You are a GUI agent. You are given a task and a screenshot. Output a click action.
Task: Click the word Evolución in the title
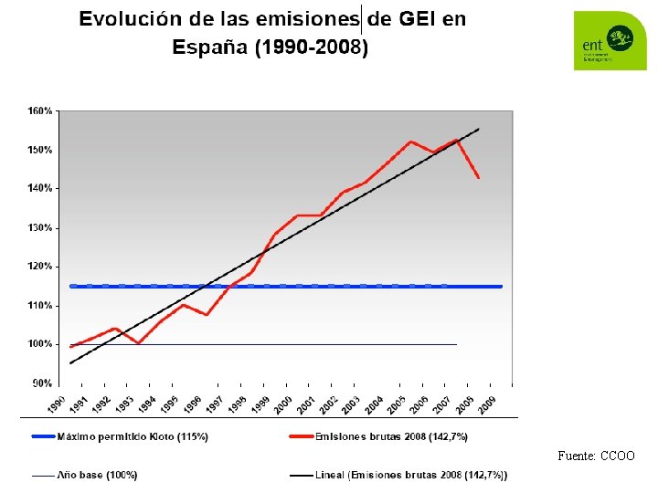[x=127, y=19]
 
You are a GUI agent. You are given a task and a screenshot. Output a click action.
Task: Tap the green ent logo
[x=609, y=40]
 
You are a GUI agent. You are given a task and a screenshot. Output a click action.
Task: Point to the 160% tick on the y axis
[x=39, y=110]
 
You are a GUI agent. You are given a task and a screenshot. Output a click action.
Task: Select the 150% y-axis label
[x=39, y=150]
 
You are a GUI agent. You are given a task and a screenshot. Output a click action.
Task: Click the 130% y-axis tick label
[x=39, y=227]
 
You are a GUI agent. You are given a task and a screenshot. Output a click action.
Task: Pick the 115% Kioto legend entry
[x=133, y=437]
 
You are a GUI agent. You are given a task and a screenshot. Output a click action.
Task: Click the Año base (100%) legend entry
[x=97, y=475]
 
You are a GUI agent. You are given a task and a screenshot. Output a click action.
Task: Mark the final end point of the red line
[x=479, y=178]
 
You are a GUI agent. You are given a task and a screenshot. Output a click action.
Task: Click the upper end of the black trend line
[x=479, y=129]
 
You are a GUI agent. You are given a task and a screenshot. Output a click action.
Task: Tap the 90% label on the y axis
[x=42, y=383]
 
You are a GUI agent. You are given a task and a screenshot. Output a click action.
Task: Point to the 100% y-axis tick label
[x=39, y=344]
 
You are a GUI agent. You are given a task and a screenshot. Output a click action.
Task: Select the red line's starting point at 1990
[x=70, y=347]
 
